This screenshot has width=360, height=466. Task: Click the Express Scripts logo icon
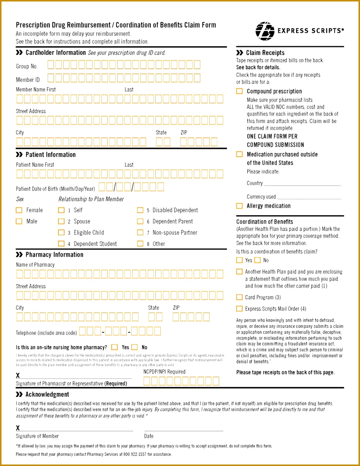[x=265, y=31]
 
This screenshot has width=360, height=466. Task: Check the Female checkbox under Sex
[x=19, y=210]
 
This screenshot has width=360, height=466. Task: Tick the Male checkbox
[x=19, y=221]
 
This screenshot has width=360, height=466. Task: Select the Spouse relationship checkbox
[x=61, y=221]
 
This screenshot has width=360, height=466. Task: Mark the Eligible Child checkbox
[x=61, y=232]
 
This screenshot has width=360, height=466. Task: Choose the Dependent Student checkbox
[x=61, y=244]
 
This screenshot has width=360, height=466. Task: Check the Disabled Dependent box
[x=140, y=210]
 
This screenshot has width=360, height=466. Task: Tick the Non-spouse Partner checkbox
[x=140, y=232]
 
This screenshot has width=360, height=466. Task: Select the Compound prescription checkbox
[x=240, y=91]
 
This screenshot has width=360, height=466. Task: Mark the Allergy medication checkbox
[x=240, y=206]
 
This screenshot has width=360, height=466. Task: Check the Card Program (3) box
[x=240, y=297]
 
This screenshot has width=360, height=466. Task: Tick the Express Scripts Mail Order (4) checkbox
[x=240, y=309]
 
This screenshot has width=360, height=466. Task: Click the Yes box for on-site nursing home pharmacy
[x=115, y=347]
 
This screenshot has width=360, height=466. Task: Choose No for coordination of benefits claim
[x=258, y=260]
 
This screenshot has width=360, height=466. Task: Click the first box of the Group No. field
[x=51, y=65]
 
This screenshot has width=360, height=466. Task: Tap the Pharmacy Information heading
[x=54, y=255]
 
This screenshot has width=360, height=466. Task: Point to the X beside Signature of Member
[x=18, y=428]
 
